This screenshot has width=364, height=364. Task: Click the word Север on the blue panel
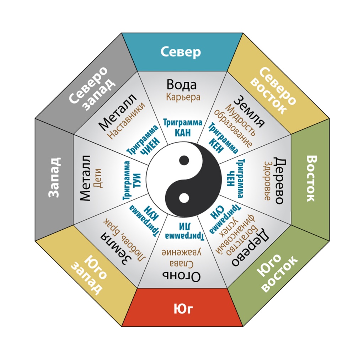click(181, 52)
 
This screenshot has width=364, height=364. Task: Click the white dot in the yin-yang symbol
click(184, 197)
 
